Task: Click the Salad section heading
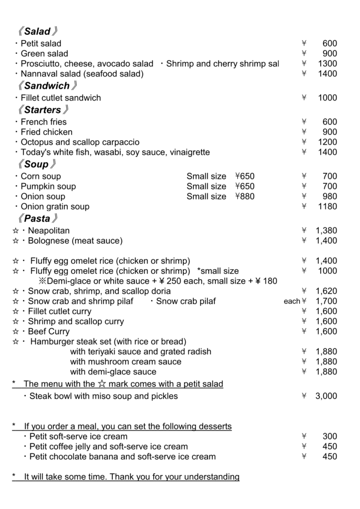pos(37,32)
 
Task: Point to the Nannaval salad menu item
pos(82,74)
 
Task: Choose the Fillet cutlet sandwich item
pos(61,98)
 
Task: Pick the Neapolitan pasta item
pos(49,231)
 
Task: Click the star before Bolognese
pos(15,241)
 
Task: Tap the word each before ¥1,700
pos(292,302)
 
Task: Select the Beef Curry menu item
pos(49,332)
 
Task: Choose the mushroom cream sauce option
pos(125,362)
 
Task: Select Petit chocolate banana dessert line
pos(122,456)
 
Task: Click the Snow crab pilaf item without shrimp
pos(186,301)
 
